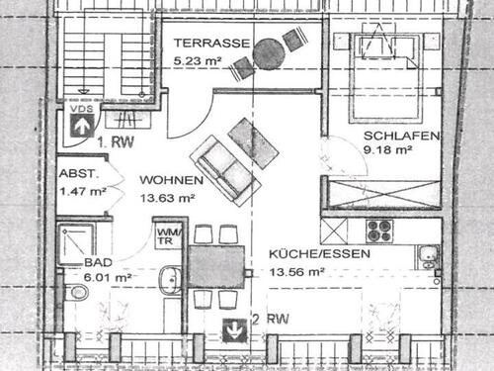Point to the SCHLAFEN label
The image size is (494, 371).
pyautogui.click(x=401, y=137)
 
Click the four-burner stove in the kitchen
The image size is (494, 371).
pyautogui.click(x=380, y=231)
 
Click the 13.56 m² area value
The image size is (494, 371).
pyautogui.click(x=297, y=269)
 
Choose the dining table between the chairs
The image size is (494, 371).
pyautogui.click(x=216, y=266)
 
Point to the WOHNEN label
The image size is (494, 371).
pyautogui.click(x=171, y=180)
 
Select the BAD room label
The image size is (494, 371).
pyautogui.click(x=97, y=263)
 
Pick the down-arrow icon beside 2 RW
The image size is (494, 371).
pyautogui.click(x=234, y=328)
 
